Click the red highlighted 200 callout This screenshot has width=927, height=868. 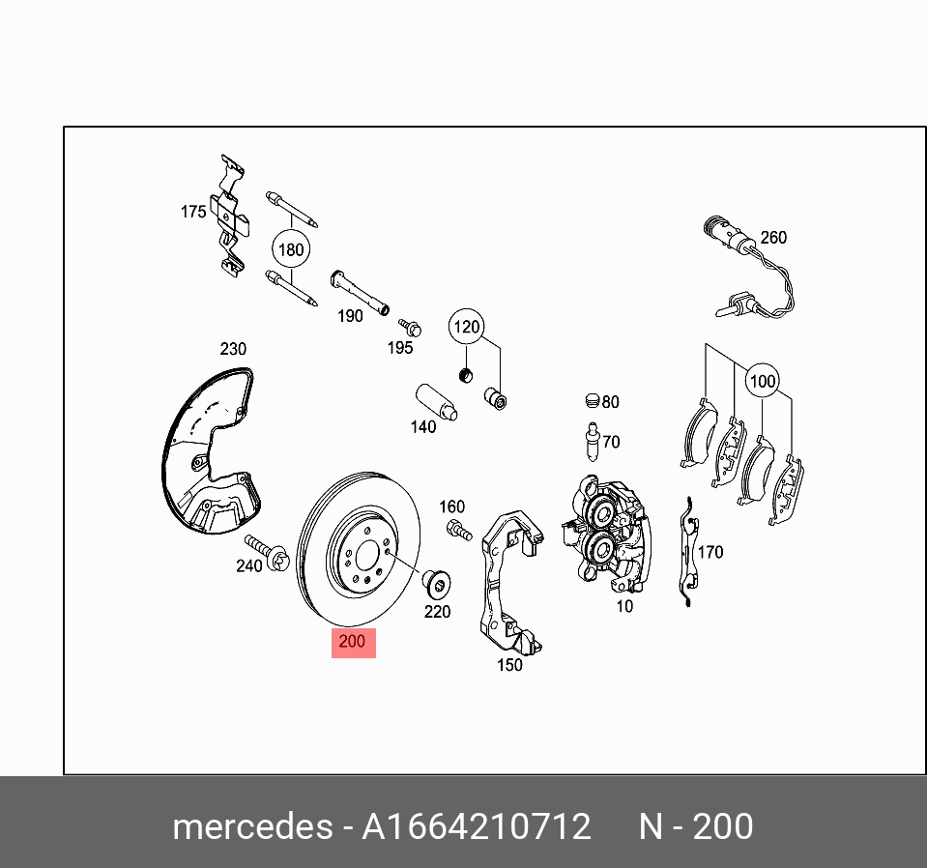pos(353,641)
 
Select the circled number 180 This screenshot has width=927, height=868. pos(290,249)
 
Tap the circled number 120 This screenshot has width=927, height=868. pos(467,327)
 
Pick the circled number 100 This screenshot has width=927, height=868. pos(763,381)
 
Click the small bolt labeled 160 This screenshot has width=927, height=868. pos(457,528)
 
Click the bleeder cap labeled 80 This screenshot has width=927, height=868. pos(593,401)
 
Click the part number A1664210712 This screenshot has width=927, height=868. pos(477,827)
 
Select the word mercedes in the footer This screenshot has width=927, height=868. pos(250,827)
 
